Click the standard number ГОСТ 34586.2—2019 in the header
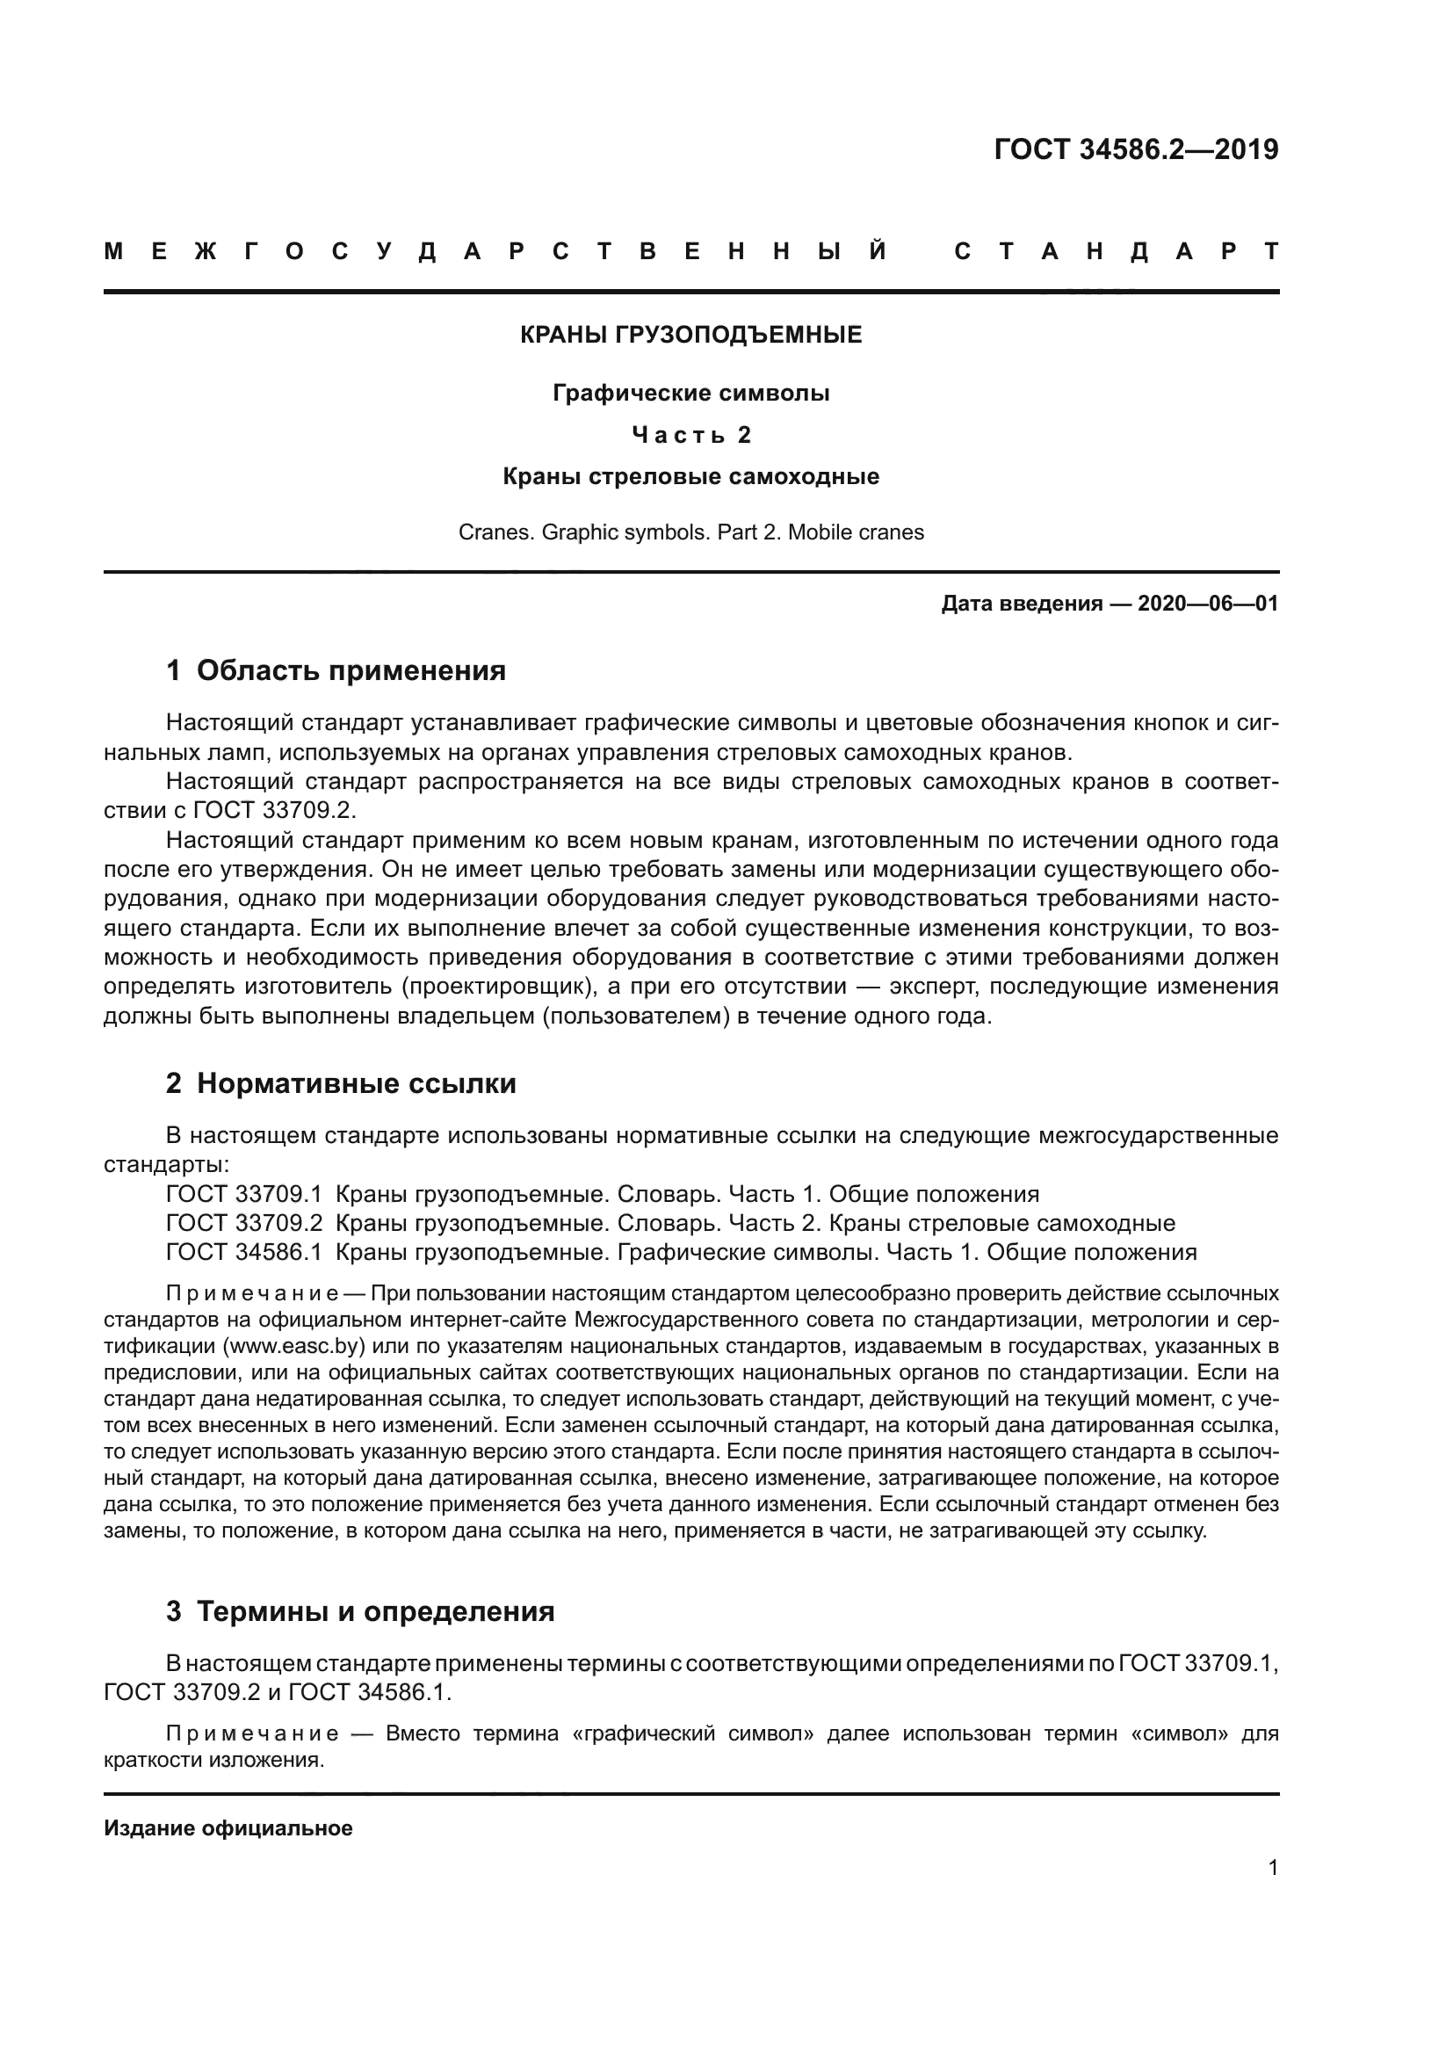click(1135, 149)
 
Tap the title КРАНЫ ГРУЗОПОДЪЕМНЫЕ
click(690, 336)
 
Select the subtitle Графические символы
click(690, 393)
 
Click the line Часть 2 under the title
click(690, 435)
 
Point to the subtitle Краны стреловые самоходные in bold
click(690, 476)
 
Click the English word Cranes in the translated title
click(487, 532)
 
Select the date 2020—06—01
click(1207, 604)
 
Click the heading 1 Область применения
click(336, 670)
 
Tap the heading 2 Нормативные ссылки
click(341, 1084)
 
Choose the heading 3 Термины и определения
click(359, 1611)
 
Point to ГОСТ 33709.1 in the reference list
click(243, 1194)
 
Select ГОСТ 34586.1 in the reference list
click(243, 1251)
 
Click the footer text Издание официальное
click(228, 1828)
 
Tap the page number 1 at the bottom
click(1273, 1868)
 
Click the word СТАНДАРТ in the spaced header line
click(1116, 251)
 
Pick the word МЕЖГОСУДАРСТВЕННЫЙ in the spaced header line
click(495, 251)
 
